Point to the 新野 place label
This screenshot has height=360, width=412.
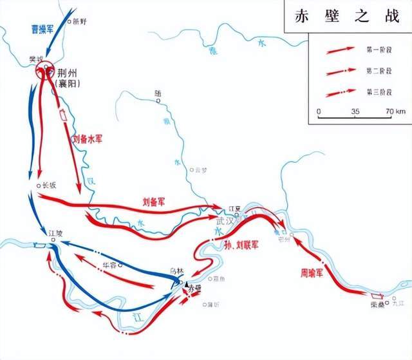pos(79,21)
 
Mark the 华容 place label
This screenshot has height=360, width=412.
pos(111,265)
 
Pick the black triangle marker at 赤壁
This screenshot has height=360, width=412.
pos(187,284)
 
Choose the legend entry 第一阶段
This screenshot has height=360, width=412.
pos(377,49)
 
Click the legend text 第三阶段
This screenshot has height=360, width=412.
pos(377,92)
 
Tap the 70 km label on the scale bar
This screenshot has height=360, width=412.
pos(396,111)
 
